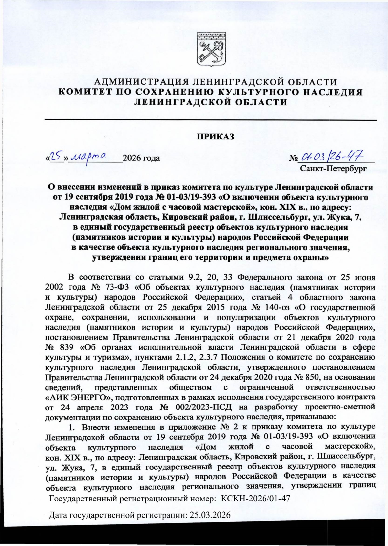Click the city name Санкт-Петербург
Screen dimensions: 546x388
(x=333, y=168)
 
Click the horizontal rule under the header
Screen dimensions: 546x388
(x=210, y=120)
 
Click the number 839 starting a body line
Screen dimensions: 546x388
(x=67, y=347)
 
